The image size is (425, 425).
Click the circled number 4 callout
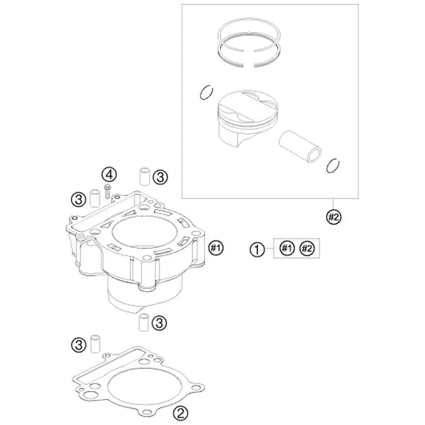coord(109,175)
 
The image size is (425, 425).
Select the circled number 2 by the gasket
coord(180,413)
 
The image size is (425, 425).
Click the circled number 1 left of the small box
coord(257,250)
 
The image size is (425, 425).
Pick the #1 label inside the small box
coord(287,248)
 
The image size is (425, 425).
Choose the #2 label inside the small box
coord(307,248)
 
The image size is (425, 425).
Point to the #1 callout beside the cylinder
coord(216,248)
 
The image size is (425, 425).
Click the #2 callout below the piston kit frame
coord(334,217)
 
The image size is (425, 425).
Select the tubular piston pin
coord(301,147)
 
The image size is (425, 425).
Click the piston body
coord(248,118)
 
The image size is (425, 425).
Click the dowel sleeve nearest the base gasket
coord(95,344)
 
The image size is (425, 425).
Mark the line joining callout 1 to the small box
coord(269,248)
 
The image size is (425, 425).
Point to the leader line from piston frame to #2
coord(334,204)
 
